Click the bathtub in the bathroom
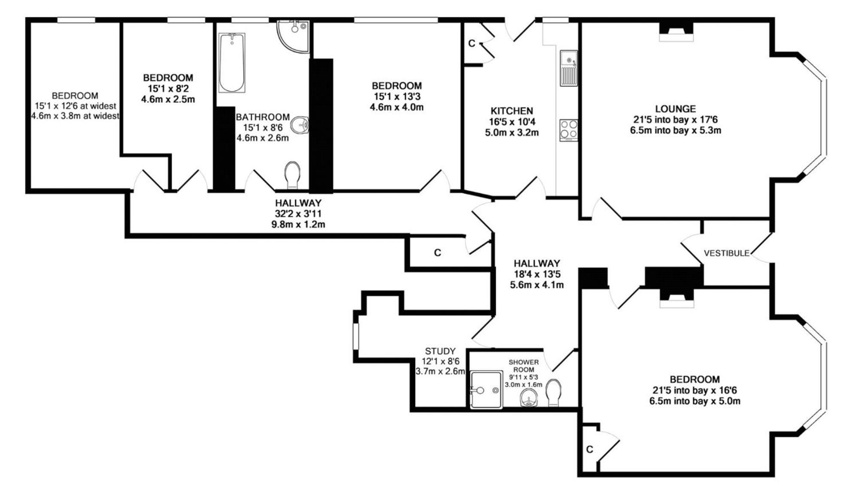click(232, 63)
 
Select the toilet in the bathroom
click(292, 175)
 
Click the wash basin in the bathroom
click(300, 125)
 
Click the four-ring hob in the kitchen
click(568, 130)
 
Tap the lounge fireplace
click(676, 32)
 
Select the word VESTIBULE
click(726, 253)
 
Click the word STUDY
click(440, 351)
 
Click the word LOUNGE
click(675, 109)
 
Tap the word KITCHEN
click(512, 111)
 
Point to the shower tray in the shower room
click(486, 390)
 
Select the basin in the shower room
click(528, 398)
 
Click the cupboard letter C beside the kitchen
click(472, 43)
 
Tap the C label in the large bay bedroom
click(589, 450)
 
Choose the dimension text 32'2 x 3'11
click(298, 213)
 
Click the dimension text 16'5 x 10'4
click(512, 122)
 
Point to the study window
click(356, 337)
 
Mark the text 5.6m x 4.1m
click(537, 285)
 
